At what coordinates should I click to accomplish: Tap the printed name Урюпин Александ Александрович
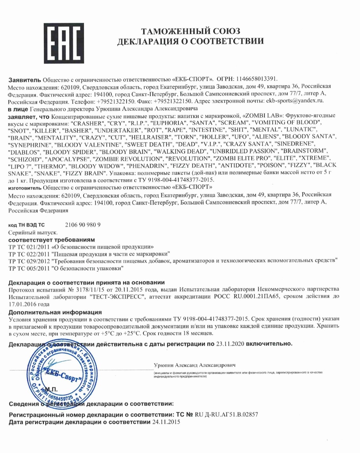coord(195,365)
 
